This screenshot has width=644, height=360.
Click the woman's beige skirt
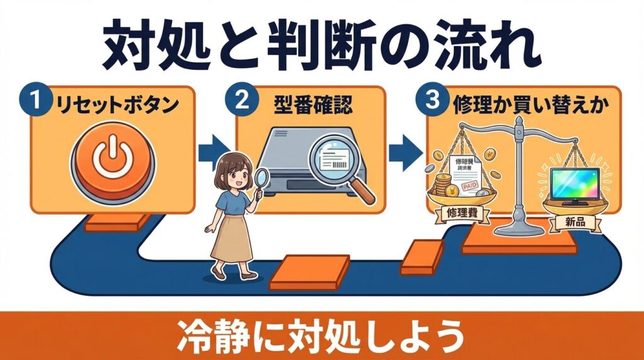point(232,236)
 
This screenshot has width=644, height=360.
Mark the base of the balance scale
point(519,228)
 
